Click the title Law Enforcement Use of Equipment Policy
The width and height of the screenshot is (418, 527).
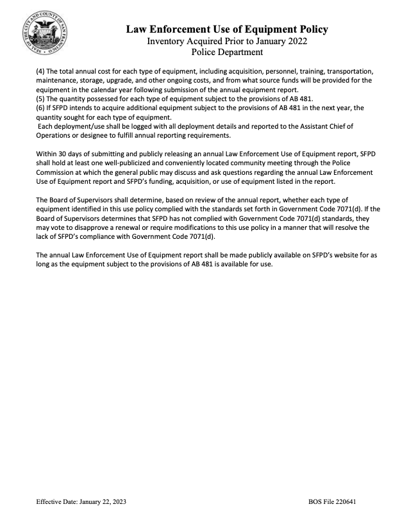pos(227,29)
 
